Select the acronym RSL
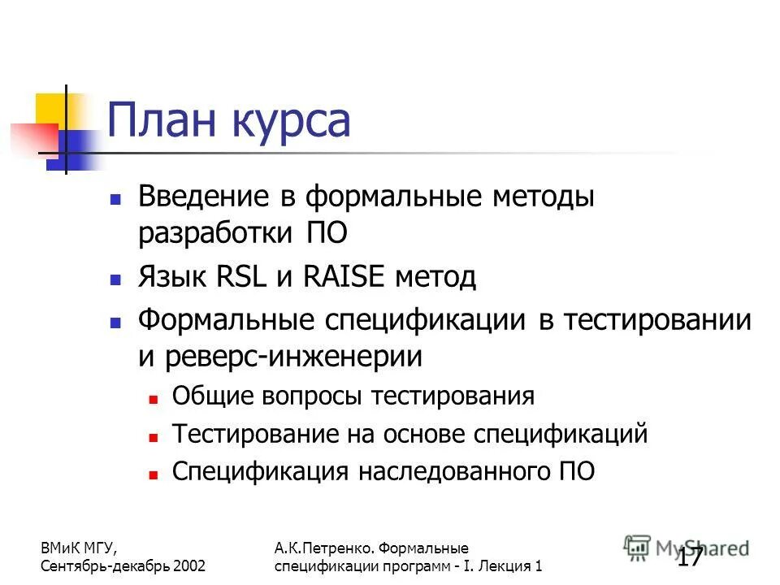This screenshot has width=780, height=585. click(243, 277)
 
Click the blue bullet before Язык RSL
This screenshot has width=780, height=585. click(115, 279)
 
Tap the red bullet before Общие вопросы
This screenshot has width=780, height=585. click(152, 398)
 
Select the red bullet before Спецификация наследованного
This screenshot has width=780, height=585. click(152, 474)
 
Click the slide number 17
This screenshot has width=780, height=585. click(691, 559)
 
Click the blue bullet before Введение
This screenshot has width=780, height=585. click(115, 198)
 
